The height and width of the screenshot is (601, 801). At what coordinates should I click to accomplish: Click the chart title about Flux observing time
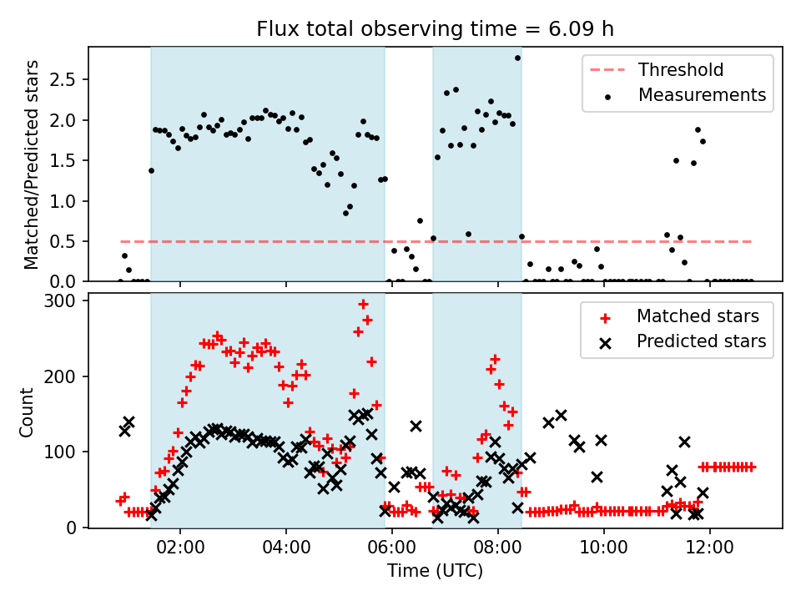(x=434, y=29)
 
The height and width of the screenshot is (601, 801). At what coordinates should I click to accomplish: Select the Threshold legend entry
(x=681, y=70)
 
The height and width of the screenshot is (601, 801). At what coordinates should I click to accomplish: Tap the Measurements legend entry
(x=702, y=95)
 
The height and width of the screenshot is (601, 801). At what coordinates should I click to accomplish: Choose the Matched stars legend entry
(x=698, y=316)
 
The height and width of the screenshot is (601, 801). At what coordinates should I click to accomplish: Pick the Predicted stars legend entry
(x=701, y=341)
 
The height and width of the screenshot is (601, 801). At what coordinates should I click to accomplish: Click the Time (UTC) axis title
(x=435, y=572)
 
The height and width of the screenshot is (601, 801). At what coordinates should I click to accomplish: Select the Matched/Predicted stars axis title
(x=31, y=164)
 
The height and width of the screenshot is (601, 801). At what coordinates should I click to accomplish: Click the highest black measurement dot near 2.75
(x=517, y=58)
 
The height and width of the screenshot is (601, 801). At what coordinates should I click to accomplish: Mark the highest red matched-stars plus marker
(x=363, y=305)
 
